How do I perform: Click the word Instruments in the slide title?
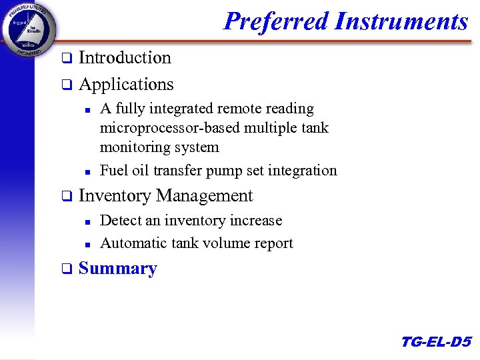coord(401,21)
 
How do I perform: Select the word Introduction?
coord(125,58)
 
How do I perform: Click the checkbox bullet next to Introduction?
coord(66,59)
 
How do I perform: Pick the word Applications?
coord(126,85)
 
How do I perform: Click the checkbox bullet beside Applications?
coord(66,85)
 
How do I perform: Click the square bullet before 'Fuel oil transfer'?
coord(87,172)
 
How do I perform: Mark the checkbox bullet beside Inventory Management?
coord(66,197)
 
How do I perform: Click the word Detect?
coord(121,221)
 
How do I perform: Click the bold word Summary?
coord(118,269)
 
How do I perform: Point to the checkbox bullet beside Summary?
coord(66,269)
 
